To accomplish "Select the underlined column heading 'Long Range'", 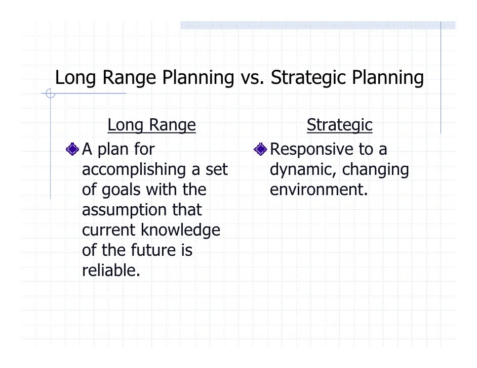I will coord(151,125).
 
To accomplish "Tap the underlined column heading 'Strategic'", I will coord(339,125).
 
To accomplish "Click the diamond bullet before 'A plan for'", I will coord(73,149).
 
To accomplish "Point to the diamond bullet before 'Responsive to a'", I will coord(261,149).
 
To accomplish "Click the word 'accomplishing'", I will coord(134,170).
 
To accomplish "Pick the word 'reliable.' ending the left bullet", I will coord(110,270).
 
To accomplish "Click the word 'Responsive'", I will coord(311,149).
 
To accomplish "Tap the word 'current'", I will coord(109,231).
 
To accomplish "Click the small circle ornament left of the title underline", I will coord(50,94).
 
